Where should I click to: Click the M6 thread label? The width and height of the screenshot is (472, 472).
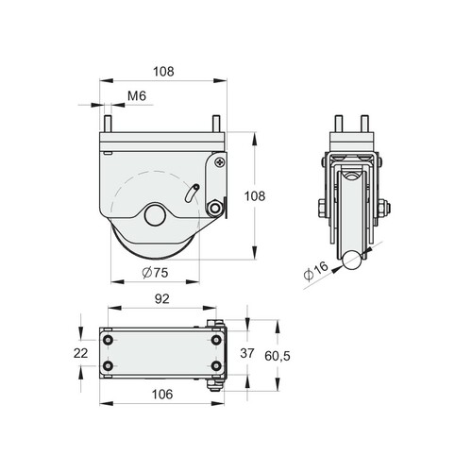(137, 96)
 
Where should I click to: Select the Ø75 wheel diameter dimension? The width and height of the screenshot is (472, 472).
(155, 273)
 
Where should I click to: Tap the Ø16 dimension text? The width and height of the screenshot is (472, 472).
(316, 271)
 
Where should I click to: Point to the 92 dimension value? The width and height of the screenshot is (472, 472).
(162, 299)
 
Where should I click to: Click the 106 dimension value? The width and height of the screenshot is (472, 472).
(162, 394)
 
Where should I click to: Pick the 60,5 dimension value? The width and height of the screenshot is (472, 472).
(278, 356)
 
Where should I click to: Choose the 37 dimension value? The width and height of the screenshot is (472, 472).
(247, 353)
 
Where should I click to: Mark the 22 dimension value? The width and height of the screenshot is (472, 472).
(80, 353)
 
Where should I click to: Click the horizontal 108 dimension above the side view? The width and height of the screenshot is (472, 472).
(163, 72)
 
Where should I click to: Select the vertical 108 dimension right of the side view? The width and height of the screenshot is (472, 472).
(255, 196)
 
